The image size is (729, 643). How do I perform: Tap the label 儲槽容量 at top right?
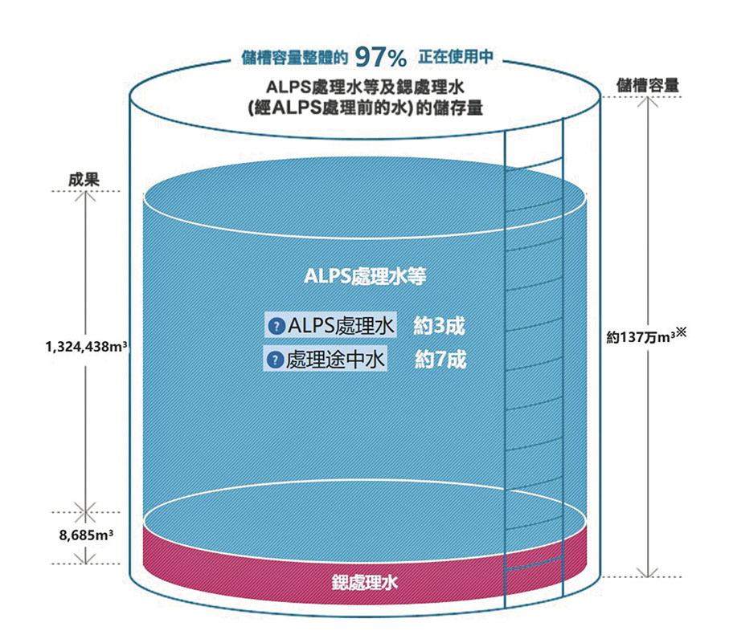648,84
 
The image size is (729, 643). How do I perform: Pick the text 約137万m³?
640,338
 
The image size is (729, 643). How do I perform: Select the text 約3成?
439,326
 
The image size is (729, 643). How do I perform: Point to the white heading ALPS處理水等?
365,277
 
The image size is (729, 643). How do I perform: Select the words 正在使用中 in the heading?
455,59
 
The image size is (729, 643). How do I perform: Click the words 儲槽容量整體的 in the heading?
293,59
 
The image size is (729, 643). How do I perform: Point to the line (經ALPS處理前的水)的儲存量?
366,108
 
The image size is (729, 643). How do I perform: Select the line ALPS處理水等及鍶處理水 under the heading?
366,87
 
